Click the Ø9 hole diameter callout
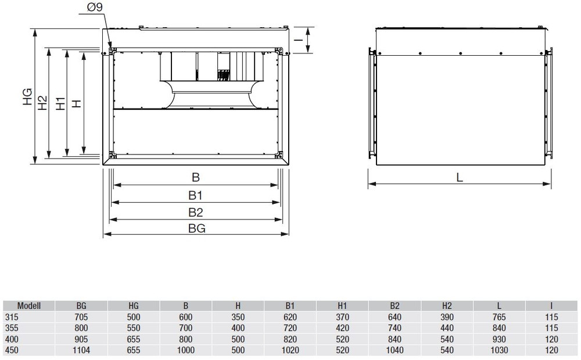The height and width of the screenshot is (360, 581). (x=95, y=7)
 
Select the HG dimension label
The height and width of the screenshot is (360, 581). (x=28, y=96)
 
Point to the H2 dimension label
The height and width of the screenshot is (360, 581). (x=43, y=103)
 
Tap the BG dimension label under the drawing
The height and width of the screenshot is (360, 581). (x=196, y=228)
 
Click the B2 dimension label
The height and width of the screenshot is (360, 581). (x=196, y=212)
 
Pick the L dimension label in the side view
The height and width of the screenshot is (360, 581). (x=460, y=178)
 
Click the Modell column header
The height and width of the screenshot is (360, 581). (x=29, y=306)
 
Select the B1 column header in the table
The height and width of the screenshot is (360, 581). (x=290, y=306)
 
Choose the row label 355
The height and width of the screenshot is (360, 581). (x=12, y=328)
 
